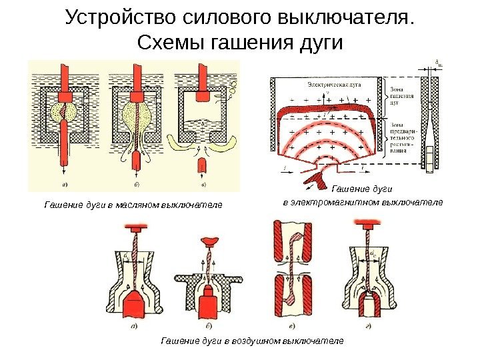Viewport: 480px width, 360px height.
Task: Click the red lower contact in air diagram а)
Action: [x=142, y=306]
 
